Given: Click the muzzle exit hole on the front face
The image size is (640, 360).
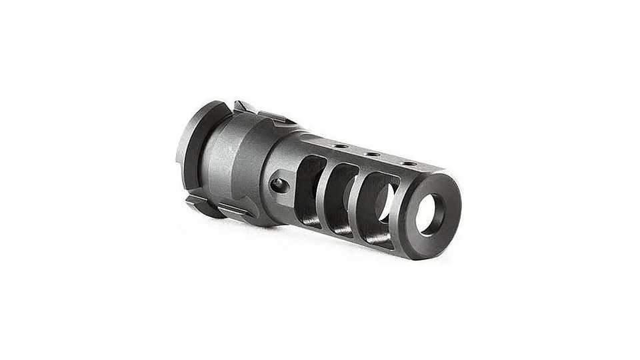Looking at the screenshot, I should pyautogui.click(x=429, y=215).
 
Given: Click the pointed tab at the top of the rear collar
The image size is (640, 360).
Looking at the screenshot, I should pyautogui.click(x=241, y=106).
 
